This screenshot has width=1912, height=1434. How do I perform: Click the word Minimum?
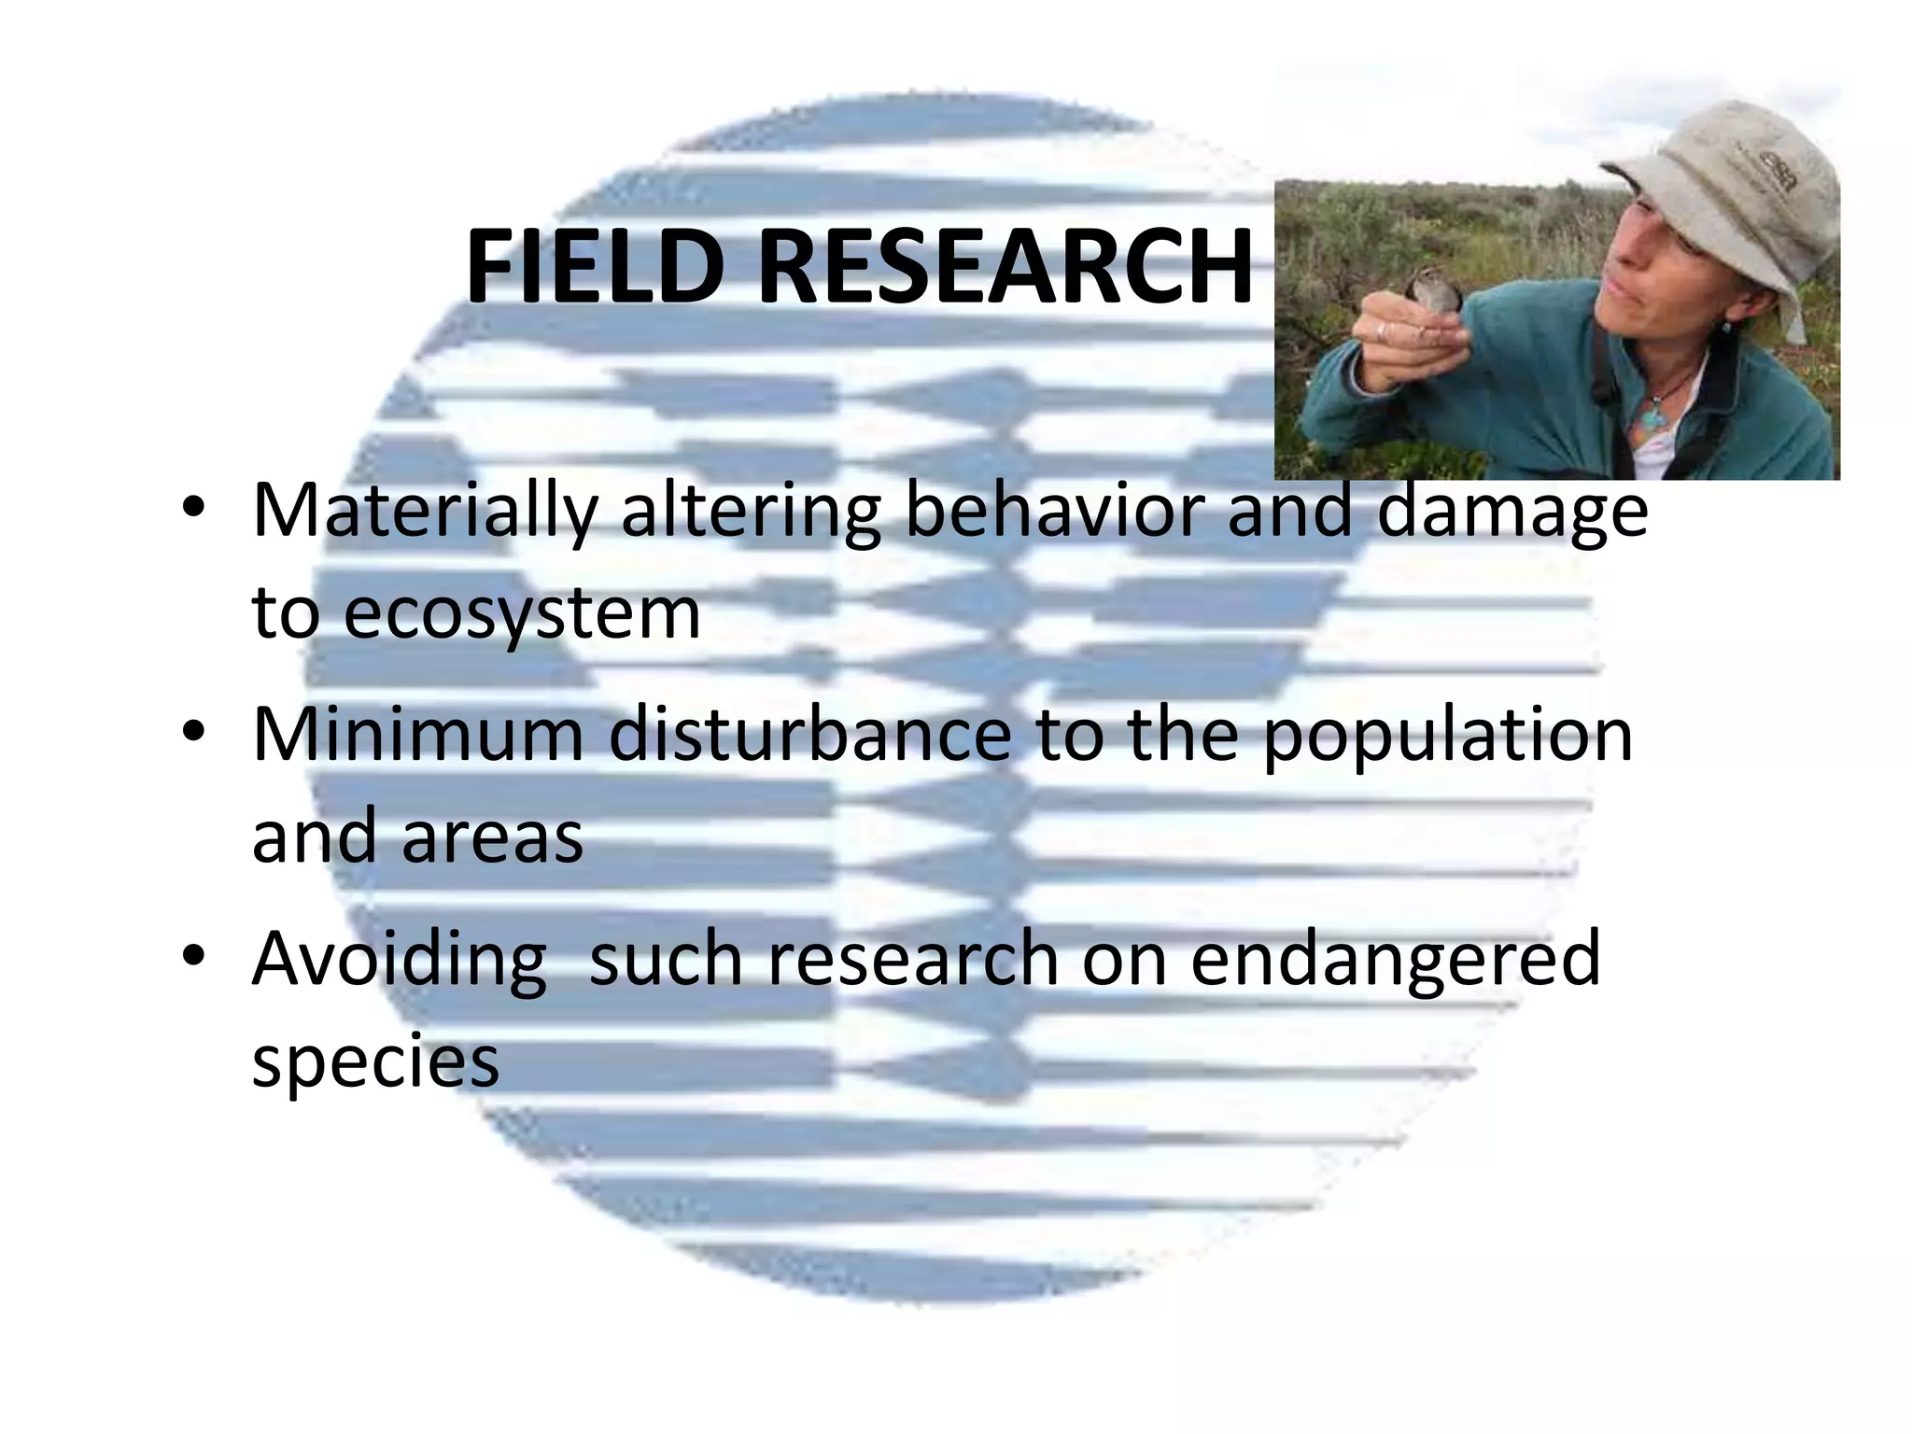click(x=417, y=735)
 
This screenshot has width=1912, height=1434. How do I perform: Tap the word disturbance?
click(x=809, y=735)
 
